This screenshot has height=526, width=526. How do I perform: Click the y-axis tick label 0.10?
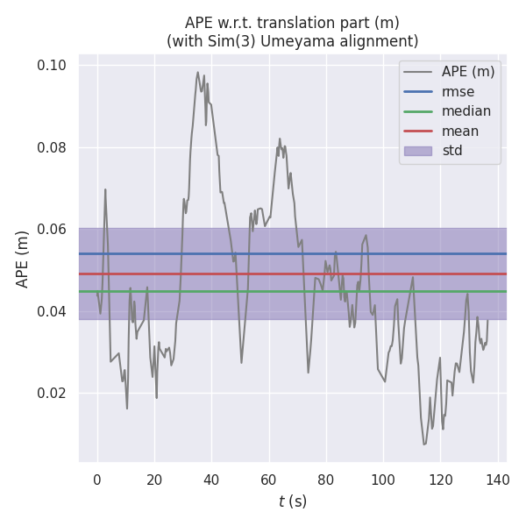click(53, 66)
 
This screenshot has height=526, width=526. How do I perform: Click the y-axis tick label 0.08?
click(53, 147)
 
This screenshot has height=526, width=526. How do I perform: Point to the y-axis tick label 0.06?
click(53, 230)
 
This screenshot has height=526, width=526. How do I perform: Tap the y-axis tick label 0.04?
click(53, 311)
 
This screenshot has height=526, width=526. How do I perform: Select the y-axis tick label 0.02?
click(53, 394)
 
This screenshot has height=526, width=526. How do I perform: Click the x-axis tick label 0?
click(97, 480)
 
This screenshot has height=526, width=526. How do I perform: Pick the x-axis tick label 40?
click(211, 480)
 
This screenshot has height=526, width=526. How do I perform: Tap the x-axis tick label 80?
click(326, 480)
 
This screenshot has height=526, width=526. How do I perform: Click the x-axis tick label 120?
click(440, 480)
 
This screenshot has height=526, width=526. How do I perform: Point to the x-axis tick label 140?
click(497, 480)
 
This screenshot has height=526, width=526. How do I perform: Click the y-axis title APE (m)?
click(23, 259)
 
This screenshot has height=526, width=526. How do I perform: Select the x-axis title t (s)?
click(293, 501)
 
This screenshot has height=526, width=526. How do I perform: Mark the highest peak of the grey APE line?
click(198, 73)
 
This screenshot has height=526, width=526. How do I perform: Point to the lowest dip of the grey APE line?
click(424, 444)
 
